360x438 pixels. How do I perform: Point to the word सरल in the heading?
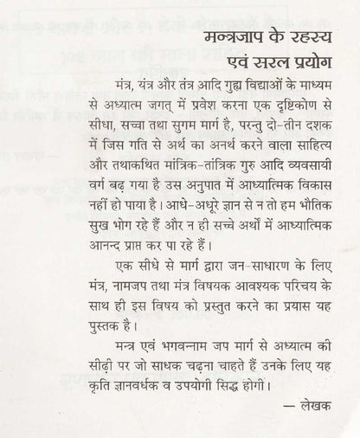pyautogui.click(x=253, y=70)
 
